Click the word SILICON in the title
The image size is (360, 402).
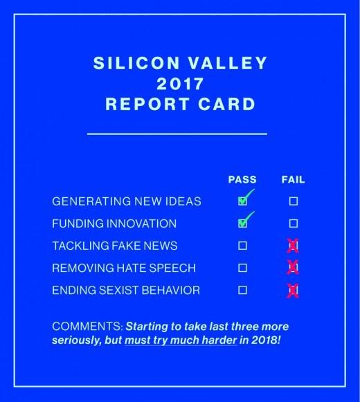(x=136, y=63)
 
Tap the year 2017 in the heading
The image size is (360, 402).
(x=180, y=84)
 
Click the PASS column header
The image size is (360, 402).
(x=242, y=179)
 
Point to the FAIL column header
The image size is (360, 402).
(x=293, y=179)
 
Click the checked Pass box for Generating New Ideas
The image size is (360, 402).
(x=243, y=201)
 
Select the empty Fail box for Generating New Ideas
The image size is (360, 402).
(x=294, y=201)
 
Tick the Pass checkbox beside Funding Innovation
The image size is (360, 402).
(x=243, y=223)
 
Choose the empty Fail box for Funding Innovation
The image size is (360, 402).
(x=294, y=223)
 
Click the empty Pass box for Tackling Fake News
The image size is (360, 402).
(x=243, y=246)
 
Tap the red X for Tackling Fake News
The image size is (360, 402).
(x=293, y=246)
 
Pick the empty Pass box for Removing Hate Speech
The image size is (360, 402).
(x=243, y=268)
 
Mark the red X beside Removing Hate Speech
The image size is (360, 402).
(x=293, y=268)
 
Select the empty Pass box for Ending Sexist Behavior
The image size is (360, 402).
(x=243, y=290)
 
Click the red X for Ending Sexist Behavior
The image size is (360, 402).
(x=293, y=291)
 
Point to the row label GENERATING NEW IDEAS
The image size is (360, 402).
(x=127, y=201)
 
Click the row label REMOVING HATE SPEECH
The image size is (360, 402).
(x=124, y=268)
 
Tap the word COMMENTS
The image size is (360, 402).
(x=87, y=327)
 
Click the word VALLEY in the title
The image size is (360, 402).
(x=228, y=63)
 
